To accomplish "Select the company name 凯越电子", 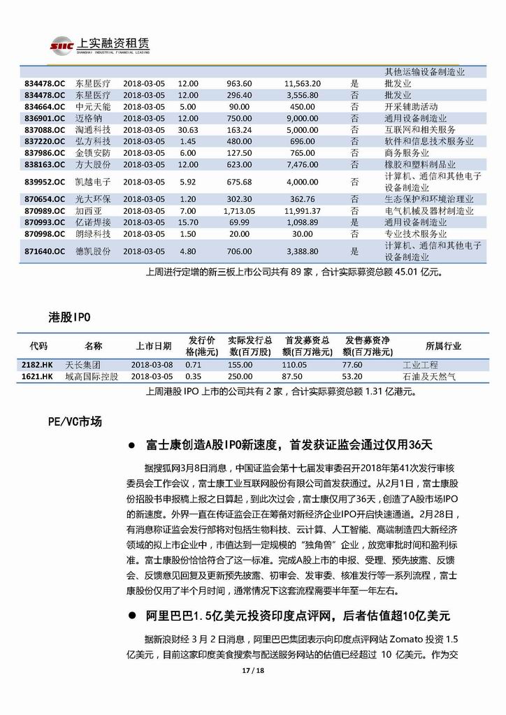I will pos(92,182).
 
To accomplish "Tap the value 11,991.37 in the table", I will pos(303,210).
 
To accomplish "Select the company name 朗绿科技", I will pos(92,233).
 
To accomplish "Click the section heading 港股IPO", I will pos(64,317).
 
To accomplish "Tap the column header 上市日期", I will pos(153,346).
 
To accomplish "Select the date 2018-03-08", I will pos(152,366).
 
